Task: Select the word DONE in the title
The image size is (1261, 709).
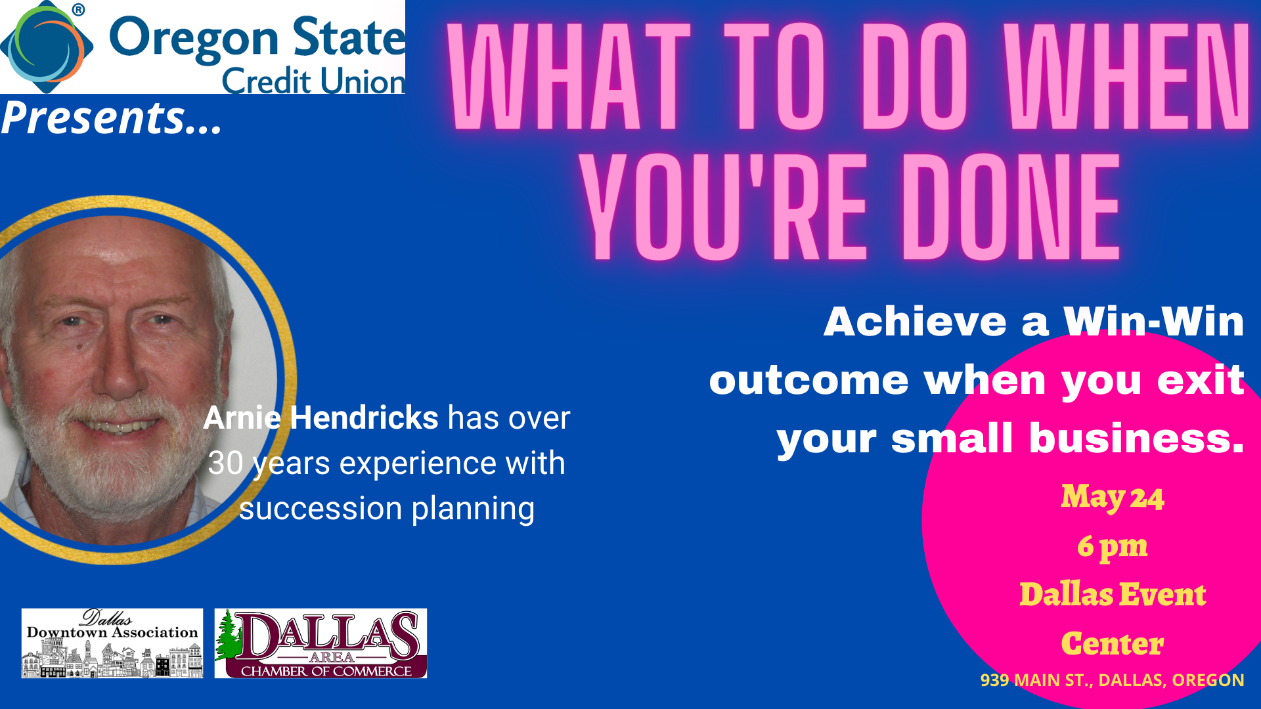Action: tap(1011, 207)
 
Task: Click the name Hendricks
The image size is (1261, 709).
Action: tap(364, 418)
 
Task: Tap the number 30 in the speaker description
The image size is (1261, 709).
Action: tap(225, 463)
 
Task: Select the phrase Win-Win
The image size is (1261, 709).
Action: tap(1153, 322)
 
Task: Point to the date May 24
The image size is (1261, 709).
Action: tap(1113, 497)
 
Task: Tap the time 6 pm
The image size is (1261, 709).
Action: tap(1113, 547)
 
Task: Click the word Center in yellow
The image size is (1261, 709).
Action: tap(1113, 643)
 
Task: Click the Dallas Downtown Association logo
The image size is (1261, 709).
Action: tap(112, 643)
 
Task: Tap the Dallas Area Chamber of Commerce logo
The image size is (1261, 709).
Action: tap(321, 643)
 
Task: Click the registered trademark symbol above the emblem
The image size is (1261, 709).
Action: tap(78, 10)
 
